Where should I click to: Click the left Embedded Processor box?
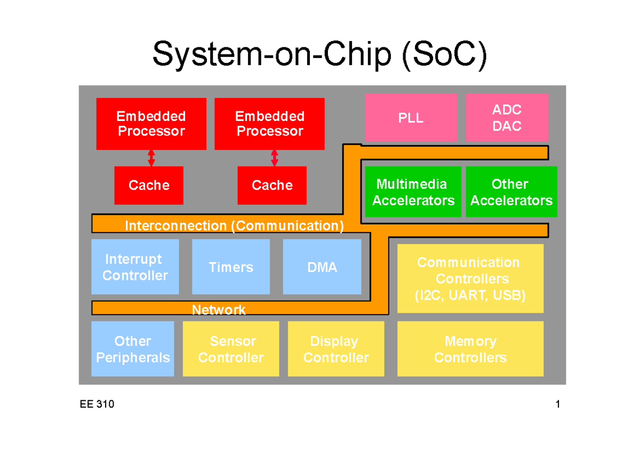(x=151, y=124)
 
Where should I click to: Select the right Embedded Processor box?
(x=269, y=124)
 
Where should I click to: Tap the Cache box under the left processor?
(x=149, y=185)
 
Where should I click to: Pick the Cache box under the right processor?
(x=272, y=185)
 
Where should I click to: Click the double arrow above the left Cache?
(x=151, y=158)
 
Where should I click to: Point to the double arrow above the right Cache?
(x=275, y=158)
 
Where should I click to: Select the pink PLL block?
(x=411, y=118)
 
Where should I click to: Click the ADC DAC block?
(x=507, y=118)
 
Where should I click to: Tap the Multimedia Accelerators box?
(x=413, y=192)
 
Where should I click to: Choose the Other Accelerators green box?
(x=511, y=192)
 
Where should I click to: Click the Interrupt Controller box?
(x=135, y=267)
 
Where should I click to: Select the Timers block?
(x=231, y=267)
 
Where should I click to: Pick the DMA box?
(x=322, y=267)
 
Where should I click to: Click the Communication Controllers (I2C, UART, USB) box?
(x=470, y=278)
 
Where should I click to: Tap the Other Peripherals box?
(x=133, y=349)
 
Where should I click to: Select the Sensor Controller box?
(x=231, y=349)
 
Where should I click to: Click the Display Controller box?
(x=336, y=349)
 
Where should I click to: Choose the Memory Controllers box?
(x=470, y=349)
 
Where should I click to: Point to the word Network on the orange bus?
(x=219, y=310)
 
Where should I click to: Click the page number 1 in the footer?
(x=557, y=405)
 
